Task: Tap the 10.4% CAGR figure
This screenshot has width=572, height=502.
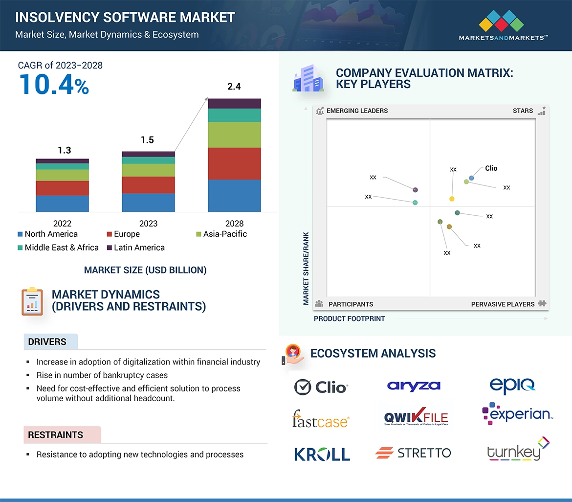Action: tap(54, 84)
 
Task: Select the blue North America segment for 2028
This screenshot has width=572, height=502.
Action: tap(234, 196)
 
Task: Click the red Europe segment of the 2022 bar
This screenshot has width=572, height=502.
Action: tap(62, 188)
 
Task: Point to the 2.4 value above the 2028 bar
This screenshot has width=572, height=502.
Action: tap(234, 87)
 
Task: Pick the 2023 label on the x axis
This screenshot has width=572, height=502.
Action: tap(148, 224)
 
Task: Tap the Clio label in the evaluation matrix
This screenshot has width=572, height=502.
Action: tap(491, 168)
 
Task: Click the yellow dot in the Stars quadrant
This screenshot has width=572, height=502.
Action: tap(452, 199)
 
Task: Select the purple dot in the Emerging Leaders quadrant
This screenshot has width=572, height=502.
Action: tap(416, 190)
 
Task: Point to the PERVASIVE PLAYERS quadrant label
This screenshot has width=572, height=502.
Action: tap(503, 304)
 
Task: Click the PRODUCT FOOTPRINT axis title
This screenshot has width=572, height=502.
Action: tap(349, 319)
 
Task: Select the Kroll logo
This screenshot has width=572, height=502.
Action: tap(322, 454)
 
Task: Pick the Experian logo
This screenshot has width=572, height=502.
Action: tap(517, 414)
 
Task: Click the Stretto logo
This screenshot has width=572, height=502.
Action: tap(413, 453)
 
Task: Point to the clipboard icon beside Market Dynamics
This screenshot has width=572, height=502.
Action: tap(32, 301)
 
